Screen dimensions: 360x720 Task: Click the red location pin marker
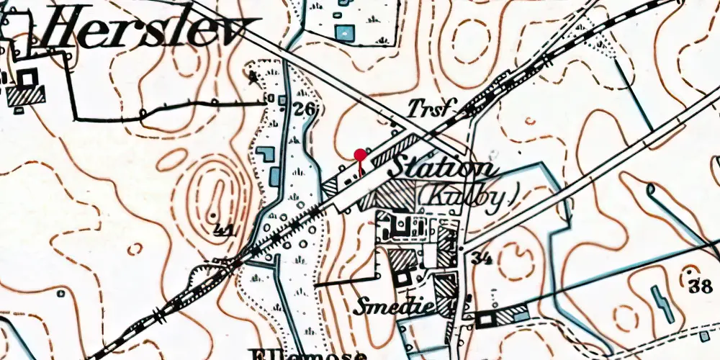[x=360, y=153]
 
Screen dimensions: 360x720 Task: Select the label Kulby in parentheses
[x=468, y=194]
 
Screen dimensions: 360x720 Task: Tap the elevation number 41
[x=226, y=230]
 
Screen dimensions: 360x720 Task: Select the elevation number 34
[x=482, y=258]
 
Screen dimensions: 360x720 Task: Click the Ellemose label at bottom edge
[x=310, y=354]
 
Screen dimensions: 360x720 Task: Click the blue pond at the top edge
[x=346, y=32]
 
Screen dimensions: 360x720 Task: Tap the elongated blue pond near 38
[x=662, y=303]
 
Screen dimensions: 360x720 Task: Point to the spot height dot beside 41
[x=214, y=215]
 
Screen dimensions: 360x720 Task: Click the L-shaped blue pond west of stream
[x=266, y=154]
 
